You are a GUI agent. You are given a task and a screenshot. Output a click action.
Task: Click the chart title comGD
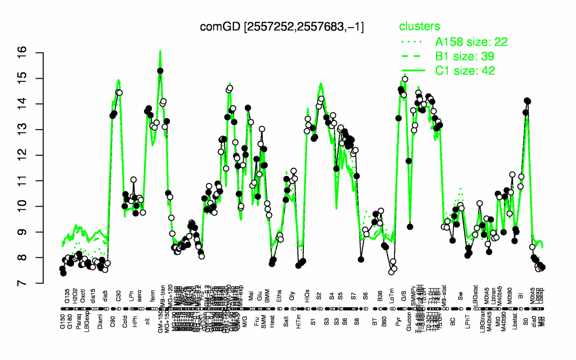pos(282,27)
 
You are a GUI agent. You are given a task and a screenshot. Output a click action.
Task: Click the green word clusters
pos(419,27)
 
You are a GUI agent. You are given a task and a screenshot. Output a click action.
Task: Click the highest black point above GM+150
pos(160,71)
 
